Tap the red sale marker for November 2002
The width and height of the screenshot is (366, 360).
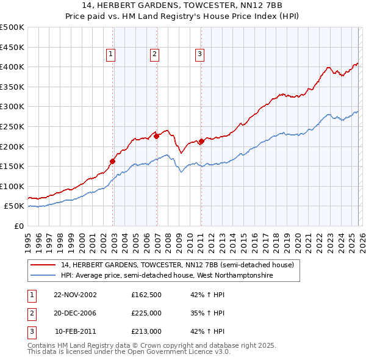tap(113, 162)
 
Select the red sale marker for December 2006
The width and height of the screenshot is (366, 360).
tap(157, 137)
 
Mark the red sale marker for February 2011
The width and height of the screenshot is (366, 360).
tap(201, 142)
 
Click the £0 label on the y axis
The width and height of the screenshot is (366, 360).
tap(18, 226)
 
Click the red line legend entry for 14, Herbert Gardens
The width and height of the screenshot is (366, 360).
tap(177, 265)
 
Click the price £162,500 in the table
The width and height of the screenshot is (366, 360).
tap(146, 295)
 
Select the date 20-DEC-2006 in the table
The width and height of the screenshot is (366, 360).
tap(75, 313)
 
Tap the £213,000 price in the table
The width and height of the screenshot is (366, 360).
tap(146, 331)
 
